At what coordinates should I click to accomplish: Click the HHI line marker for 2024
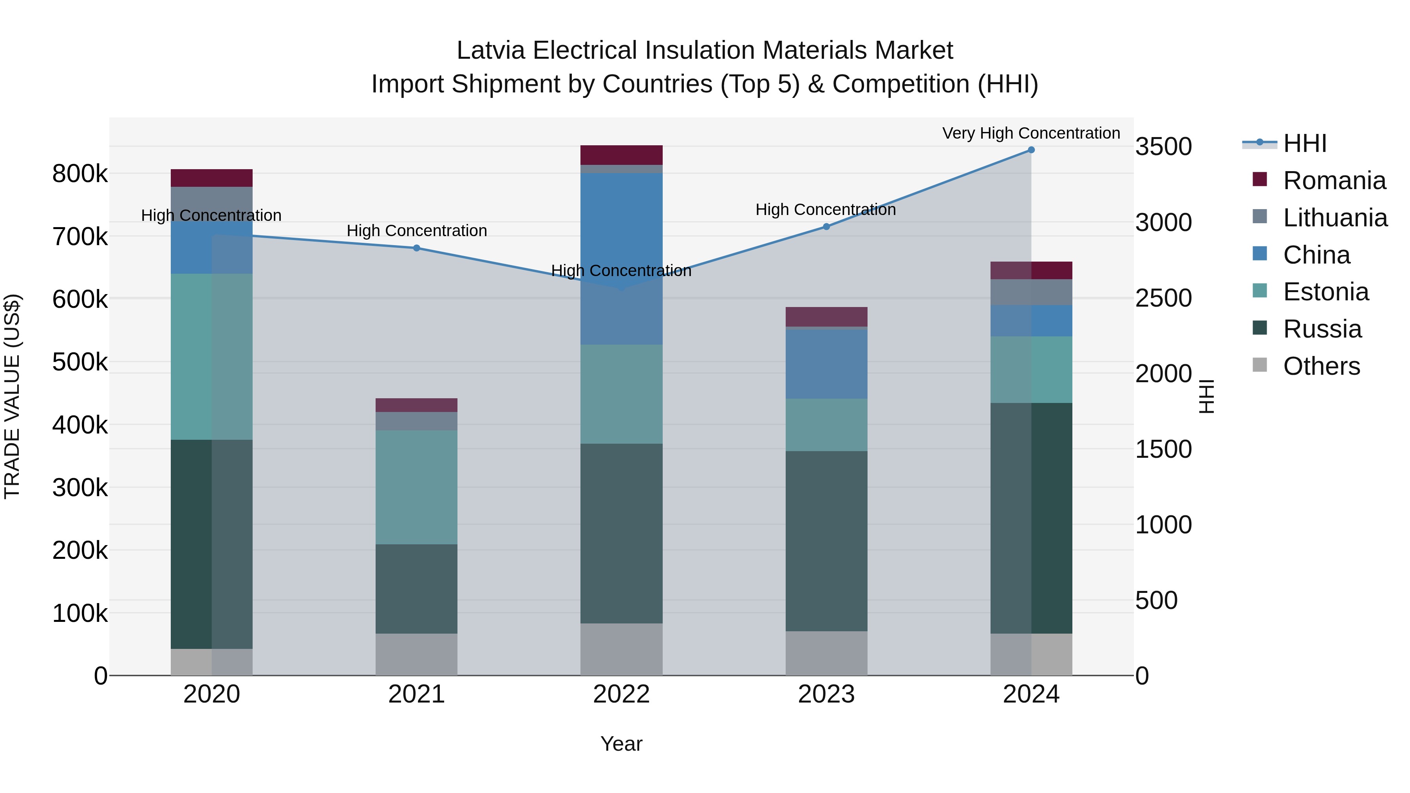1031,150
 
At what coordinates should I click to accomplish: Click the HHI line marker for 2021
417,248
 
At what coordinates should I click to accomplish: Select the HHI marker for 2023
826,227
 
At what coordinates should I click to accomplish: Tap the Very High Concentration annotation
1031,133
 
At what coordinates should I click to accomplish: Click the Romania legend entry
1334,181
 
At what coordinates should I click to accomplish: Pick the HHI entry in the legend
1305,143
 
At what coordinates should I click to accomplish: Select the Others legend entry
1321,366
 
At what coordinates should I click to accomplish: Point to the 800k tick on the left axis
80,174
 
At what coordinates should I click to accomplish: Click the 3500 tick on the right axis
1163,147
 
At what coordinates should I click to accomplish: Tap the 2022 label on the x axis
621,694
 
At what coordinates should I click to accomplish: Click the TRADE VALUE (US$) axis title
12,396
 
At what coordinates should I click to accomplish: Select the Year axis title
621,744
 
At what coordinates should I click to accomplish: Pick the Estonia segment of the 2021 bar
417,487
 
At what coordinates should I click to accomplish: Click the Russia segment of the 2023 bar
826,541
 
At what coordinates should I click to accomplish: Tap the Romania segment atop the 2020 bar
212,178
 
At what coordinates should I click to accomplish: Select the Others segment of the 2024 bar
1031,654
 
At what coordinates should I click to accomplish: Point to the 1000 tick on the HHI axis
1163,525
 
